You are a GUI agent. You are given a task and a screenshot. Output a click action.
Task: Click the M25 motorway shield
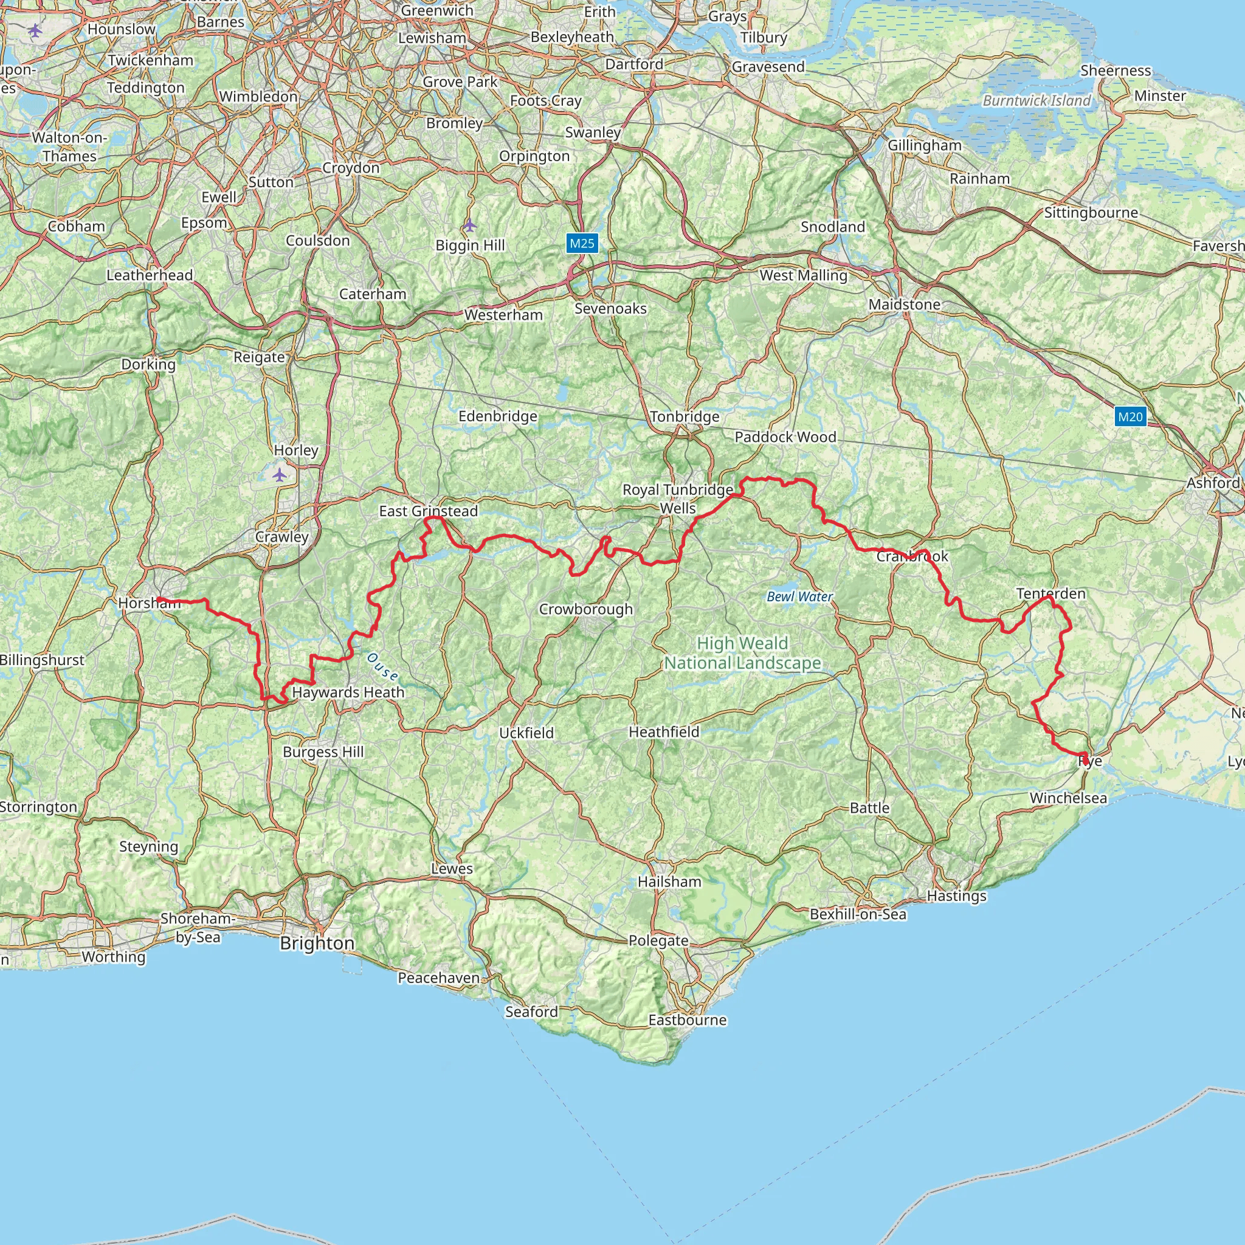(582, 243)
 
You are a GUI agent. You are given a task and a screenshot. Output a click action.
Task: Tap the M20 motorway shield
(1129, 416)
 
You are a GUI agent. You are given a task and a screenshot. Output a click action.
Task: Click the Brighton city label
(317, 943)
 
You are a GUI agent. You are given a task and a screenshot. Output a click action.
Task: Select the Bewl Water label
(800, 597)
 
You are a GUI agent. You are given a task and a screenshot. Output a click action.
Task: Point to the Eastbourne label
(687, 1020)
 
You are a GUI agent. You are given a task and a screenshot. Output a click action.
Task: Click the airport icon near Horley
(279, 475)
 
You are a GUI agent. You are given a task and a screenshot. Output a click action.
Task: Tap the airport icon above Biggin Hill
(470, 225)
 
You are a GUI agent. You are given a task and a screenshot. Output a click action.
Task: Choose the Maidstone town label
(904, 304)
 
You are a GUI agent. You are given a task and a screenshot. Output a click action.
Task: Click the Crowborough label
(586, 609)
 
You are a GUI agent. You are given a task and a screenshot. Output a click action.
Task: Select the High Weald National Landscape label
(742, 653)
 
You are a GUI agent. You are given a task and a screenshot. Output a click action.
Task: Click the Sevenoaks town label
(610, 309)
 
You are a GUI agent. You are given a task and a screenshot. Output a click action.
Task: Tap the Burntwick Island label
(1036, 100)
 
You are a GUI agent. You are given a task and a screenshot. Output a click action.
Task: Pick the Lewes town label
(452, 869)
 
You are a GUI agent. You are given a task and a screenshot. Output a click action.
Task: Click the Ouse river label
(383, 666)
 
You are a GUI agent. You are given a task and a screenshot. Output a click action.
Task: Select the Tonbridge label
(685, 417)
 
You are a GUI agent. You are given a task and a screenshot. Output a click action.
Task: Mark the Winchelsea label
(1067, 798)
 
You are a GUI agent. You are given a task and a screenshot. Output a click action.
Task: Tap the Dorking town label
(148, 364)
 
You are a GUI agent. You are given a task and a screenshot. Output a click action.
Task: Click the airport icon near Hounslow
(35, 30)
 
